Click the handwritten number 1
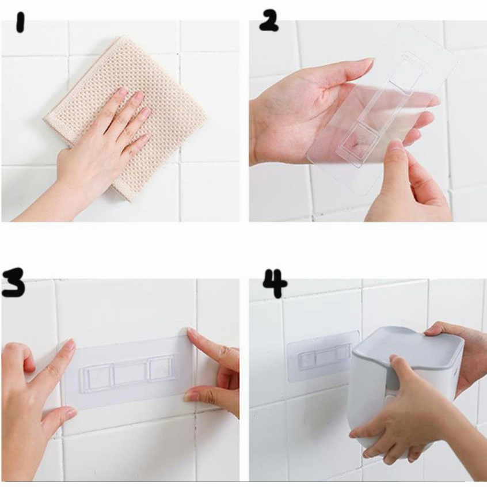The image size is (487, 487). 20,22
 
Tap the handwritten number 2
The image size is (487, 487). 269,21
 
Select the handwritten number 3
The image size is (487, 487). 13,282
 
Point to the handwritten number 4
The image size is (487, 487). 275,283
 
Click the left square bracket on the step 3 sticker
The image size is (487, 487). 96,379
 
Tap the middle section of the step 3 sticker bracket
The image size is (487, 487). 131,374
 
